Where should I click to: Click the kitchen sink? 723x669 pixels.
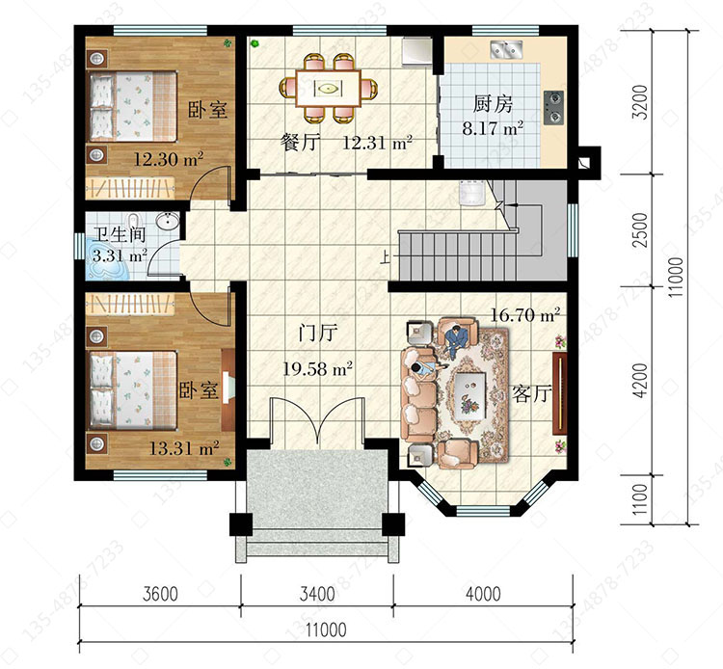click(x=506, y=50)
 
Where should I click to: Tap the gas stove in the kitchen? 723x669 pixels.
click(x=553, y=107)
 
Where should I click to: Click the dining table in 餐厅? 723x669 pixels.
click(x=328, y=88)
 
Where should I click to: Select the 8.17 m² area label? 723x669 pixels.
click(x=493, y=127)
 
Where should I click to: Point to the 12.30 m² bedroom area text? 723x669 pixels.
click(x=169, y=159)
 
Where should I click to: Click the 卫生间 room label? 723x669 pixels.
click(x=119, y=234)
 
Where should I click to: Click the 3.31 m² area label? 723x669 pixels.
click(x=120, y=254)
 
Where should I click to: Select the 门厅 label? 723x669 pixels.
click(x=318, y=332)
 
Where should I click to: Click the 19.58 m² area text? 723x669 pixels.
click(x=317, y=368)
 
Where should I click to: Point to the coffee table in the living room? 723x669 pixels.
click(x=469, y=394)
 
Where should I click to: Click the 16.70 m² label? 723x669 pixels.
click(x=524, y=315)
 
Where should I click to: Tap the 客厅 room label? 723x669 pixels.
click(x=531, y=394)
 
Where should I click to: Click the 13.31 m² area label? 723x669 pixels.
click(x=183, y=447)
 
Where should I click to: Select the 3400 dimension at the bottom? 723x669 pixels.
click(x=317, y=594)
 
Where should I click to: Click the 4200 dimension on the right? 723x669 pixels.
click(x=640, y=381)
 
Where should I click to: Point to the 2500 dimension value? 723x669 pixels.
click(x=640, y=229)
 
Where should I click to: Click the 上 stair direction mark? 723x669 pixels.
click(x=384, y=256)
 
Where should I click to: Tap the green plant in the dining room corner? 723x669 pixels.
click(x=254, y=44)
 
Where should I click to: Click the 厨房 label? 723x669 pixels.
click(x=493, y=104)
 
